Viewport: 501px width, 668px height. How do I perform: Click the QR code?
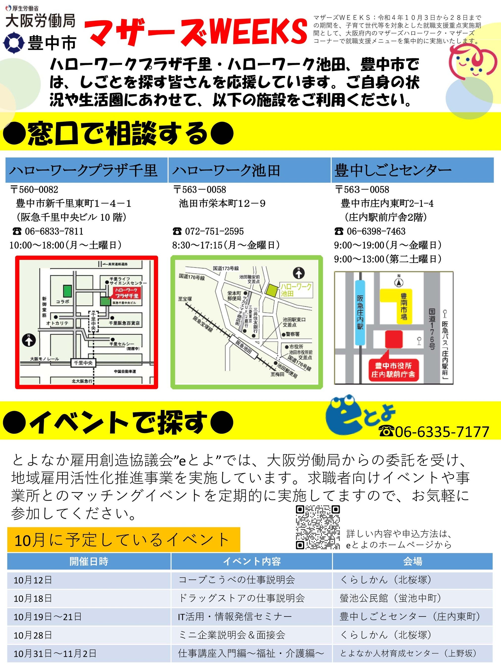318,527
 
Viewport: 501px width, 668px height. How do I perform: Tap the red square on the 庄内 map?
393,339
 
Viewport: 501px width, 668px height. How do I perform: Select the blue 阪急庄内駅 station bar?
360,312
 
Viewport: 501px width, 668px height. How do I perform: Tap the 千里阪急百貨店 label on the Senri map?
124,323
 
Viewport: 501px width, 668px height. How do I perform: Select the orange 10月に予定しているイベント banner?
123,540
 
